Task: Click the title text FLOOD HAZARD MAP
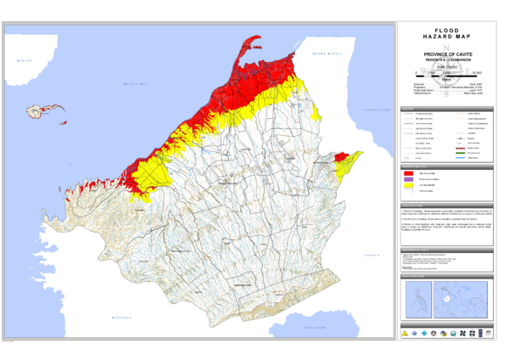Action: click(445, 34)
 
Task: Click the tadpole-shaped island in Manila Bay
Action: click(39, 110)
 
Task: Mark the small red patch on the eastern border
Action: click(341, 157)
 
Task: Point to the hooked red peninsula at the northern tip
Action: click(250, 47)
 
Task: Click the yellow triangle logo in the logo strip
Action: click(404, 332)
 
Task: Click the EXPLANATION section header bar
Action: click(445, 205)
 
